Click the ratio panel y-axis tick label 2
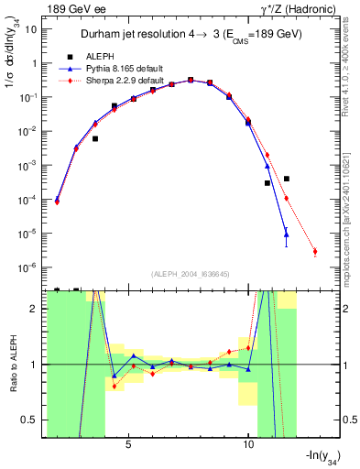35,309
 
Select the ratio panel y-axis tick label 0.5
32,420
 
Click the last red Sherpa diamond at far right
314,251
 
